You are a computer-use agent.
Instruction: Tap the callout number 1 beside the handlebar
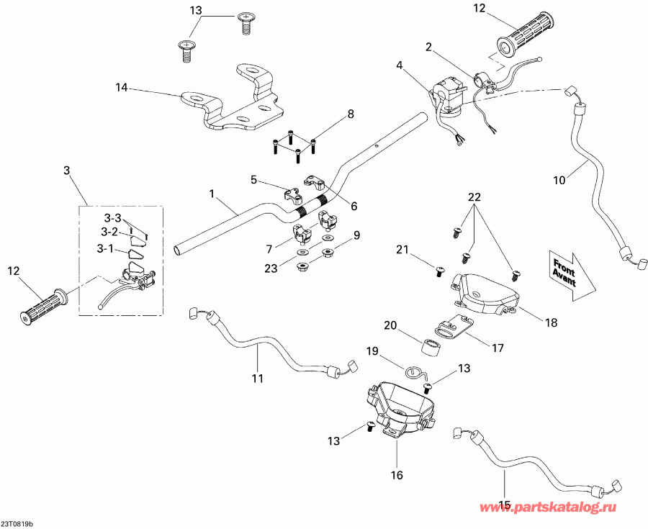coord(212,194)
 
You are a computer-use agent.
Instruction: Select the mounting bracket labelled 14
coord(234,101)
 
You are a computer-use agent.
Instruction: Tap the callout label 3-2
coord(109,232)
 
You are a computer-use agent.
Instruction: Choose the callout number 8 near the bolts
coord(351,114)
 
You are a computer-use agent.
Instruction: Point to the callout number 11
coord(257,377)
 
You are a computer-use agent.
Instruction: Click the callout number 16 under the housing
coord(397,475)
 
